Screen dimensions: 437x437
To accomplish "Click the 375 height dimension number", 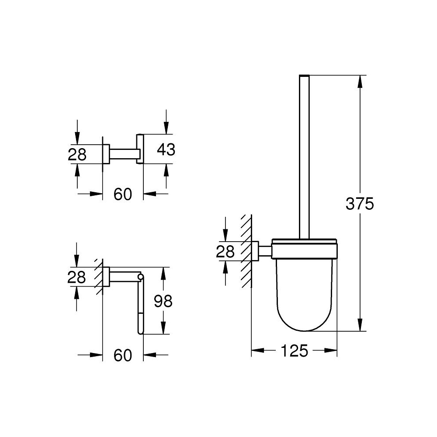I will [x=360, y=204].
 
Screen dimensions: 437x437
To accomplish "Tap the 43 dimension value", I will [x=166, y=149].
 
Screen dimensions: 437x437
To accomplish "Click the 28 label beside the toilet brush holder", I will [x=225, y=251].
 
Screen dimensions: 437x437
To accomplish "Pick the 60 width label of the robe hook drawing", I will [x=123, y=194].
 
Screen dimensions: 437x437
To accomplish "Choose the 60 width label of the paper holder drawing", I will [x=123, y=355].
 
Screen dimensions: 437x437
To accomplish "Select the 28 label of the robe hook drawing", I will [x=77, y=154].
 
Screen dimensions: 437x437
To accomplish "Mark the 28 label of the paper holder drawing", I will [x=77, y=277].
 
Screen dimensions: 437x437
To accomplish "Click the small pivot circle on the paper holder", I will [x=140, y=276].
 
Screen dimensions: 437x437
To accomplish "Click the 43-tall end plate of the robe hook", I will [x=139, y=149].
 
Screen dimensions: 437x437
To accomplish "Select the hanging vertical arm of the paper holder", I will [x=140, y=306].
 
